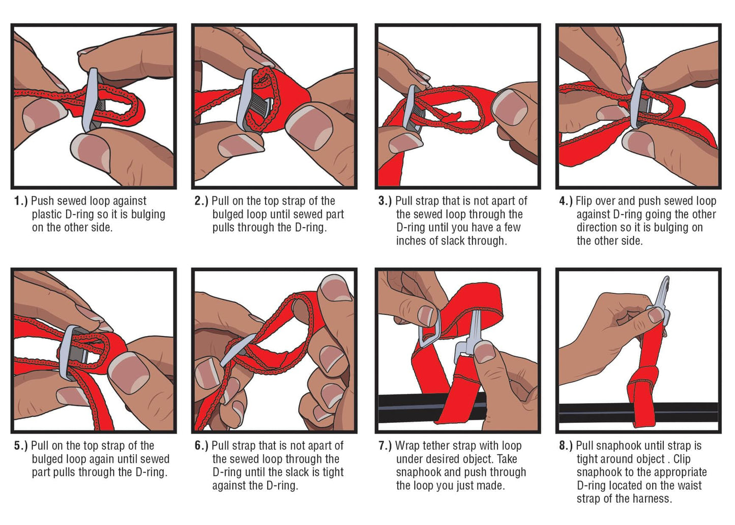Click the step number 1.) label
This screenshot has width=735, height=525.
pos(21,201)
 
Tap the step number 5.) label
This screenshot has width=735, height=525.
pos(21,446)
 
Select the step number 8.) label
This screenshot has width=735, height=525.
pos(566,446)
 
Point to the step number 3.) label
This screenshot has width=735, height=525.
pos(385,201)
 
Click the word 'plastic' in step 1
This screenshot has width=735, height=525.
pos(47,214)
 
